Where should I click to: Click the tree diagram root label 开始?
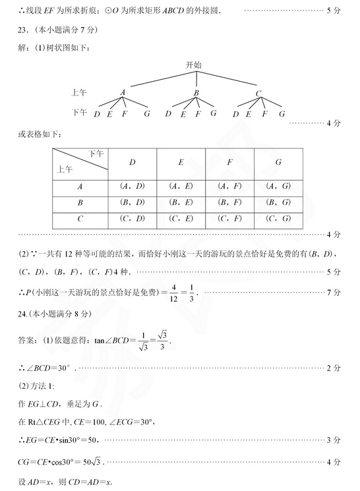tap(194, 65)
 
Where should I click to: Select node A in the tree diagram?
tap(123, 93)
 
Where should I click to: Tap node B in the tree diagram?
tap(196, 93)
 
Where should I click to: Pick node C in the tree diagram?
tap(258, 93)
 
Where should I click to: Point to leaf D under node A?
tap(97, 113)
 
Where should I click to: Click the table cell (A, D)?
tap(132, 186)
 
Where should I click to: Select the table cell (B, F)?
tap(229, 202)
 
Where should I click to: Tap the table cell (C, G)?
tap(278, 219)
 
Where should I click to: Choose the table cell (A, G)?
tap(278, 186)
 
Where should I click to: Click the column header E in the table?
tap(181, 162)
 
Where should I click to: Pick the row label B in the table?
tap(80, 202)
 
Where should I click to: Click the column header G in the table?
tap(278, 162)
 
